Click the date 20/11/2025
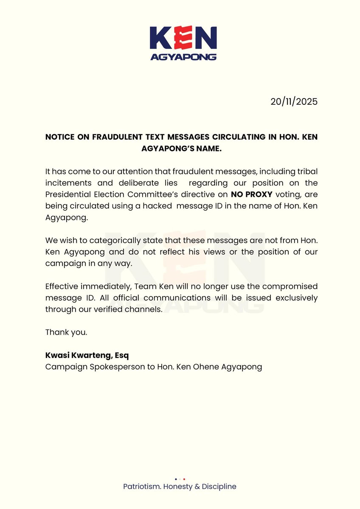point(294,102)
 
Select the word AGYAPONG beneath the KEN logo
point(183,57)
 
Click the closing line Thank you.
point(66,332)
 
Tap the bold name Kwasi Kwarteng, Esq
point(90,355)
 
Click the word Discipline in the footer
point(219,487)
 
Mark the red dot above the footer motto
point(184,479)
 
